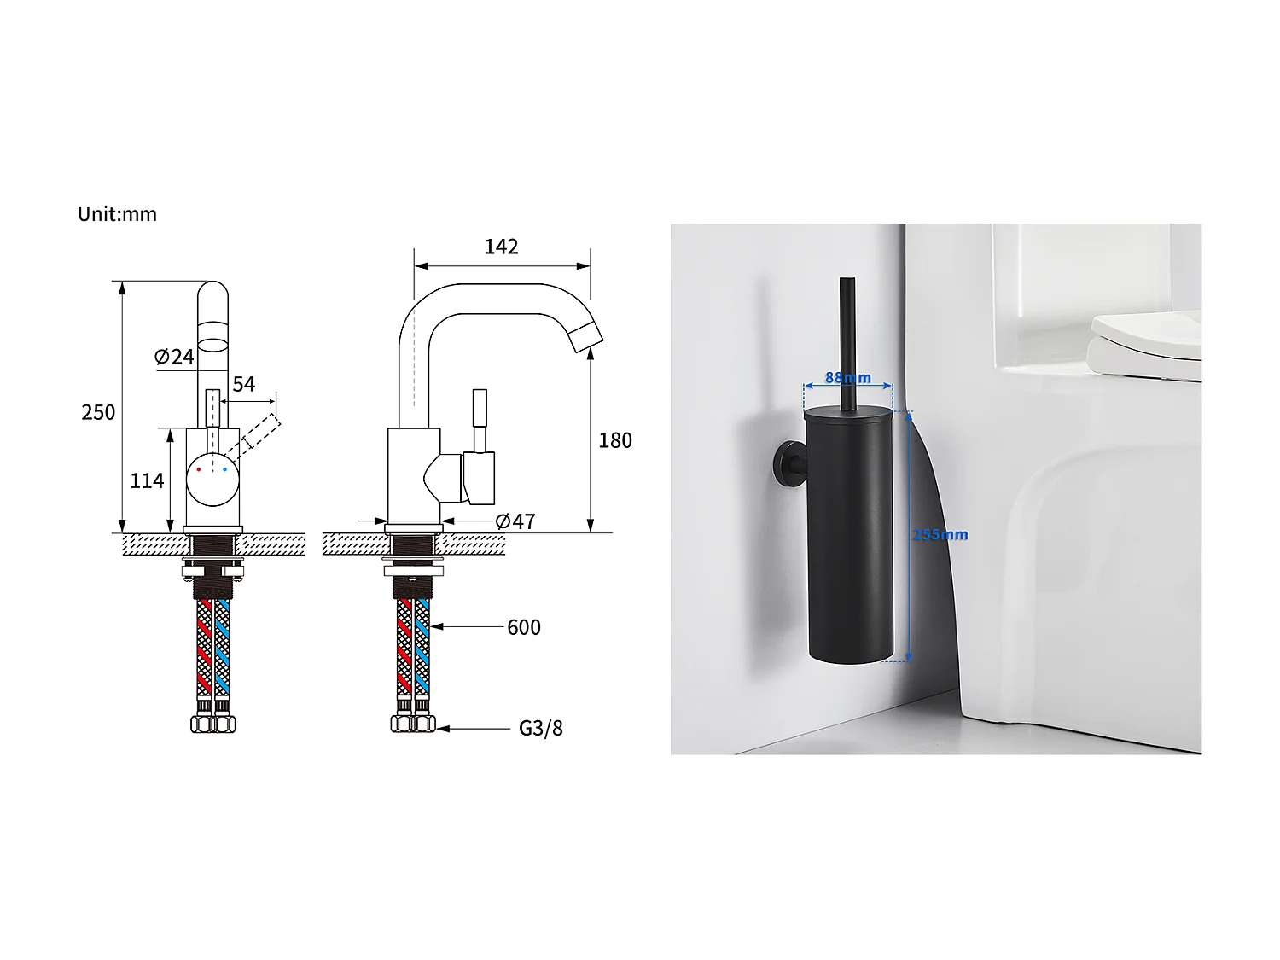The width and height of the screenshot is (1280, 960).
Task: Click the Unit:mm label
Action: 117,214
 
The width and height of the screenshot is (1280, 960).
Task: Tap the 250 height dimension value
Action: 98,413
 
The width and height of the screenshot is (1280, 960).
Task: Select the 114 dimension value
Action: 147,481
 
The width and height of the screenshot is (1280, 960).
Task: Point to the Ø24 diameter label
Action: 174,357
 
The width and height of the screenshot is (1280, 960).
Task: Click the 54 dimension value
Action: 244,385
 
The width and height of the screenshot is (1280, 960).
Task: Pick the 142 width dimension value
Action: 501,247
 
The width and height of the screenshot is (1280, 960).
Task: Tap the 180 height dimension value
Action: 615,441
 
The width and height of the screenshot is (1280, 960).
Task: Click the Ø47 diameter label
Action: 515,521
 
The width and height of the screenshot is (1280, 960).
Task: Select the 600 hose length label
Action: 524,628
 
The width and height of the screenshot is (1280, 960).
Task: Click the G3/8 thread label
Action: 541,729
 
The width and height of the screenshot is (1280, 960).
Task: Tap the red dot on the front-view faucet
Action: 199,469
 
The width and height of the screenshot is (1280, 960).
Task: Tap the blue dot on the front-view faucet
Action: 225,469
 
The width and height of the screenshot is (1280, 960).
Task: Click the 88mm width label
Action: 848,378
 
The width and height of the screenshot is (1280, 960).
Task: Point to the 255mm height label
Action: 940,535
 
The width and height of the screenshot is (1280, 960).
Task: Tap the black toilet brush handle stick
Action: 847,341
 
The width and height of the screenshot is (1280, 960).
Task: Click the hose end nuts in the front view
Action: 213,724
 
